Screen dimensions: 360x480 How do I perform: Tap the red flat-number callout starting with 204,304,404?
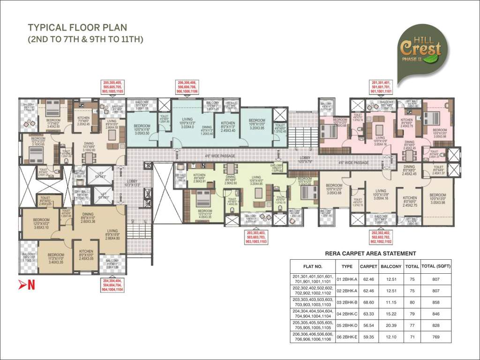[x=112, y=285]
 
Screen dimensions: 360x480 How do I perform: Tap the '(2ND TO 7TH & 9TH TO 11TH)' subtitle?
[x=85, y=39]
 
